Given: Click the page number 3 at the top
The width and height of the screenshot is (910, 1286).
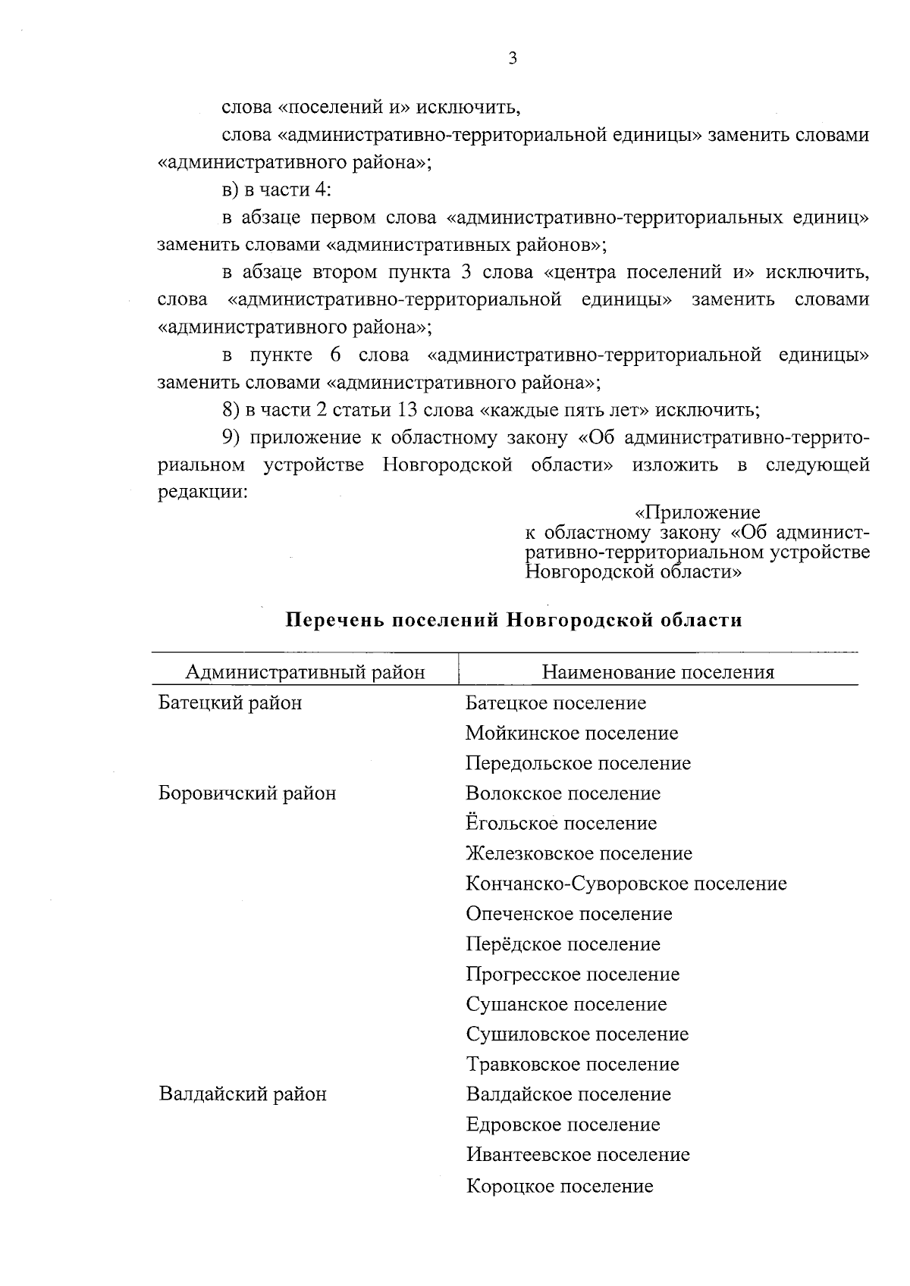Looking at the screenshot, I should [x=513, y=58].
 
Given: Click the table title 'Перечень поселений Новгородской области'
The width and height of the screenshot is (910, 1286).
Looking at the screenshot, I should [x=513, y=621].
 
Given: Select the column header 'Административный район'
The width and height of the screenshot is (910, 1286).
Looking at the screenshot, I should [x=305, y=672].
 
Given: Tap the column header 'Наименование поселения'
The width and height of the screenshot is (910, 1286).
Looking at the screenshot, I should [x=657, y=672].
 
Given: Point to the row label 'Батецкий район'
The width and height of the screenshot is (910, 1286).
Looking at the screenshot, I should [x=230, y=703].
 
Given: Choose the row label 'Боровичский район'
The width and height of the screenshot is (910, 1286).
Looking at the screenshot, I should [x=246, y=793].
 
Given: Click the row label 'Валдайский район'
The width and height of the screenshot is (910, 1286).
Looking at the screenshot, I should [x=243, y=1094].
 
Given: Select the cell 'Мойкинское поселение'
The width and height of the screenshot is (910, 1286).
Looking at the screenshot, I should [x=572, y=734].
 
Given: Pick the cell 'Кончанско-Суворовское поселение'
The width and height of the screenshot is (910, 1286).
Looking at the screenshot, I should [x=626, y=884].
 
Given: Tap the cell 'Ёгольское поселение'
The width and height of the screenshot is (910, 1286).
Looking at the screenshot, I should [x=561, y=824].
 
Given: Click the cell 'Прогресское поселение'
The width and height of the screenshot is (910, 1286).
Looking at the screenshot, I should [x=573, y=974].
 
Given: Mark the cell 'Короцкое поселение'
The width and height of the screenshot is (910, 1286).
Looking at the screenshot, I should [x=560, y=1186].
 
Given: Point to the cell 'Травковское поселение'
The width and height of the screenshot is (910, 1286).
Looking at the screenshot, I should [x=573, y=1064].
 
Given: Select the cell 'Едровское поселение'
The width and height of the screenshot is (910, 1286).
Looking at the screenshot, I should [x=563, y=1125].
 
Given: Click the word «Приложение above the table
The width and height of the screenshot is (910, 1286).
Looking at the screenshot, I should [x=697, y=513].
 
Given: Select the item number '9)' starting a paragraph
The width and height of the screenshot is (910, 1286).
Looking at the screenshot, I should [x=231, y=438].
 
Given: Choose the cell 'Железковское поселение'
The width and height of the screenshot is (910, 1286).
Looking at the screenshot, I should [x=579, y=854].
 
